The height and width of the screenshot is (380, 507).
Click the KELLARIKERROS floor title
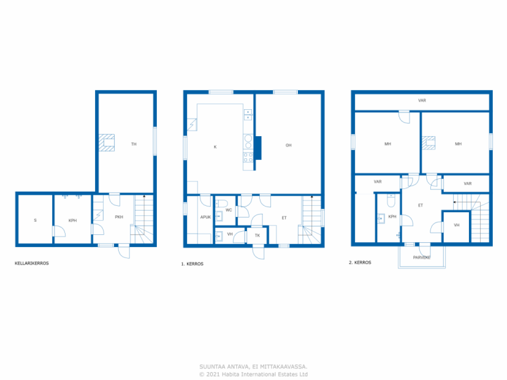(x=32, y=263)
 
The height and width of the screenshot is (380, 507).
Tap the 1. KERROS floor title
(x=192, y=264)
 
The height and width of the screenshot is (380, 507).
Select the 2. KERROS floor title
(x=360, y=262)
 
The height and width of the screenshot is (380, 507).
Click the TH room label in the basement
(x=134, y=144)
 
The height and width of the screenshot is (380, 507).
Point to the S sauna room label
(x=35, y=220)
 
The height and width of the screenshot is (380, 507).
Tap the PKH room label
(x=119, y=217)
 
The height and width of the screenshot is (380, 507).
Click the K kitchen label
(x=215, y=147)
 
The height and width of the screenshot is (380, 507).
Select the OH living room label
(x=288, y=146)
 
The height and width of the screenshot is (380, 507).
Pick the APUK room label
(x=206, y=217)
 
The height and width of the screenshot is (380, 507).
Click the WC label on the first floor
(x=229, y=210)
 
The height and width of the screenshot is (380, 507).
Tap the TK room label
(x=257, y=236)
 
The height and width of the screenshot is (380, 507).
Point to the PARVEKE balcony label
(x=422, y=258)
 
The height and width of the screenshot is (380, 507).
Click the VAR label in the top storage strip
(x=422, y=101)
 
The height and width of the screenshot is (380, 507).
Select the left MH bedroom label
(x=388, y=144)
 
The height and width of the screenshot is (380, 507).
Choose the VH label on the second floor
(x=457, y=225)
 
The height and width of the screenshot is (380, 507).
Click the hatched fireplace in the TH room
(x=107, y=142)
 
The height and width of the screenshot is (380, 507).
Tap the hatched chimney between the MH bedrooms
(x=429, y=143)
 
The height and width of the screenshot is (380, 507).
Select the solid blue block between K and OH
(x=258, y=148)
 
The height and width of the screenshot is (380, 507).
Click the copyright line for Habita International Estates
(x=253, y=374)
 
